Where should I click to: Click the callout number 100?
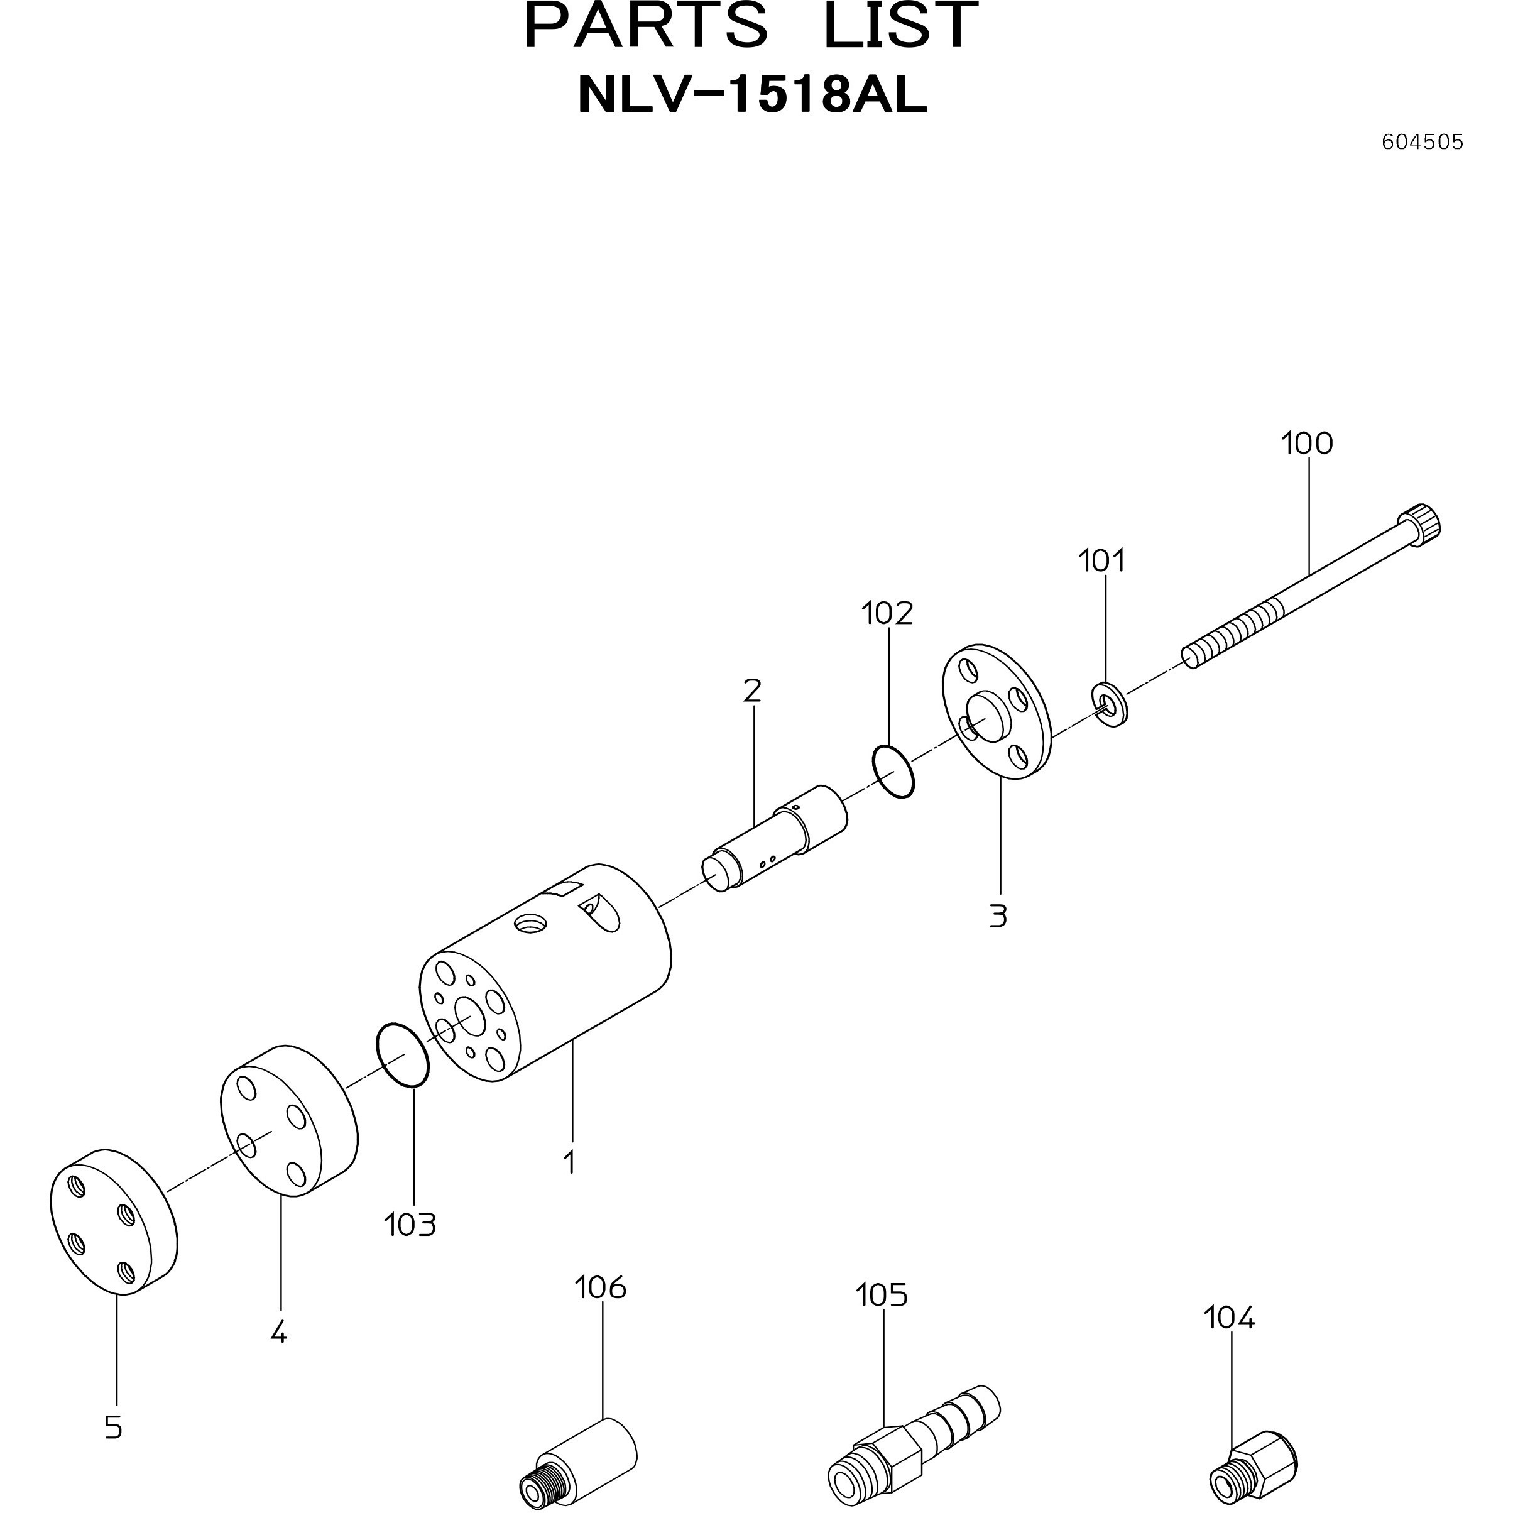(1306, 444)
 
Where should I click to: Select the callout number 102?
(887, 614)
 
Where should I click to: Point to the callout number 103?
(410, 1225)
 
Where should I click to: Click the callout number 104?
(1229, 1318)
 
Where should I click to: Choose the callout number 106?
(601, 1287)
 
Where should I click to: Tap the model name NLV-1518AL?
(753, 96)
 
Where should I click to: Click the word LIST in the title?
(900, 26)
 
